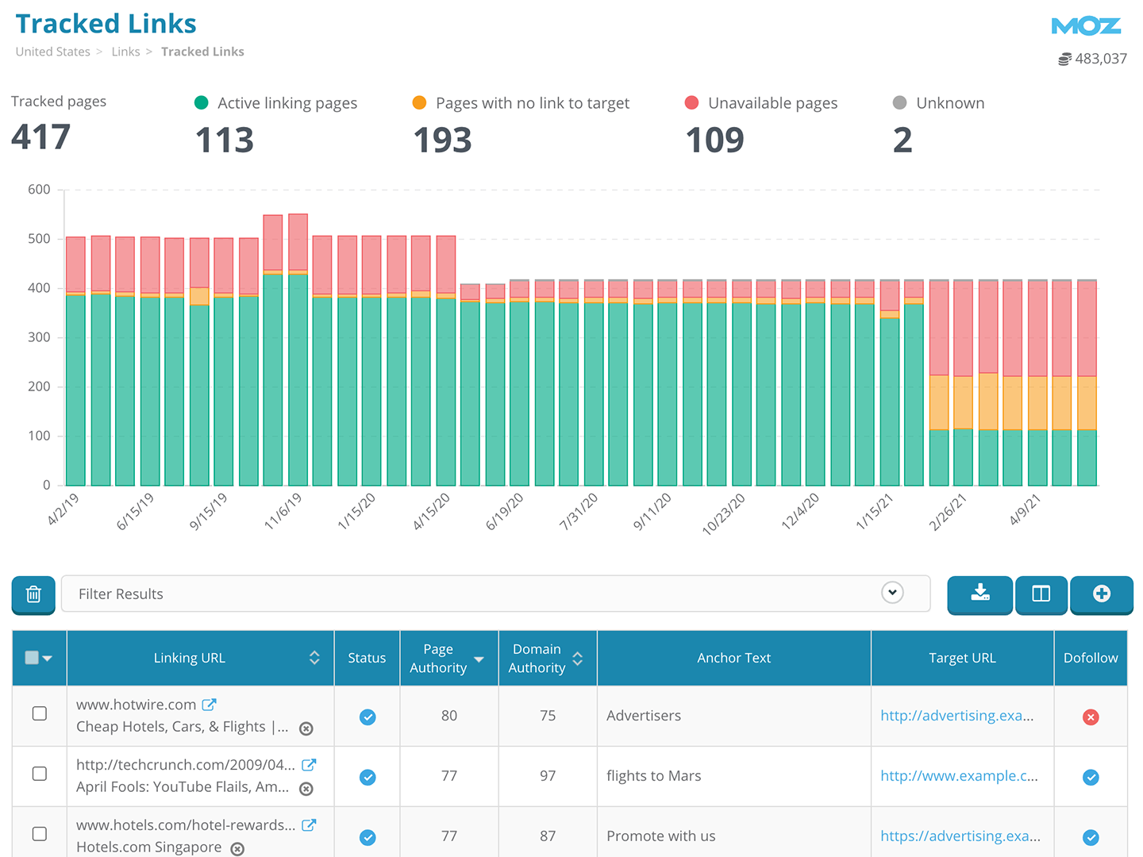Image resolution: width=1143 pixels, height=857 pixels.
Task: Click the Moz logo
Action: click(1086, 26)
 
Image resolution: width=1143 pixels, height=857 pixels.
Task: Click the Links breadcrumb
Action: click(125, 52)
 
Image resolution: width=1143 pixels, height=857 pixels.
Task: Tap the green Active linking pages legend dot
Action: click(202, 102)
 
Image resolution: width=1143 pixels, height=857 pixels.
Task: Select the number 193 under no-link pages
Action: click(442, 140)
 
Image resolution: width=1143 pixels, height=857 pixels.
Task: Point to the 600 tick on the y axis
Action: click(39, 190)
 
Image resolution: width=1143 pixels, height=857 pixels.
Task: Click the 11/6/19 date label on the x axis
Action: click(283, 511)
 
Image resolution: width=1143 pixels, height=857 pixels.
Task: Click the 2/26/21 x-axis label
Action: click(948, 511)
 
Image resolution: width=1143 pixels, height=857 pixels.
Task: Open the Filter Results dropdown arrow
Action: click(892, 593)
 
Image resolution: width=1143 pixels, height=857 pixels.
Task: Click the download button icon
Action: click(980, 594)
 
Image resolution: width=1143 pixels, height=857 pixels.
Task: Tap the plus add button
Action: click(1101, 594)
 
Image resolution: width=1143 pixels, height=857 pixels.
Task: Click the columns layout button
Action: click(1041, 594)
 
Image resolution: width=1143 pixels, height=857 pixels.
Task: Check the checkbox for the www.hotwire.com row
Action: click(39, 713)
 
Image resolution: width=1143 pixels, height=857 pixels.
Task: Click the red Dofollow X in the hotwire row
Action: click(1091, 717)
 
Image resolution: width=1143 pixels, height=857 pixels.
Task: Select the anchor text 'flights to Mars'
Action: click(653, 776)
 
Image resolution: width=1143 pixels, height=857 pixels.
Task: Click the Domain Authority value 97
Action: click(548, 776)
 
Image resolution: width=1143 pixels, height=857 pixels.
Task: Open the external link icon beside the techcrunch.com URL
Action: click(309, 765)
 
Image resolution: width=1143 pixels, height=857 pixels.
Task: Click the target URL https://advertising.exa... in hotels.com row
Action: click(960, 836)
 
